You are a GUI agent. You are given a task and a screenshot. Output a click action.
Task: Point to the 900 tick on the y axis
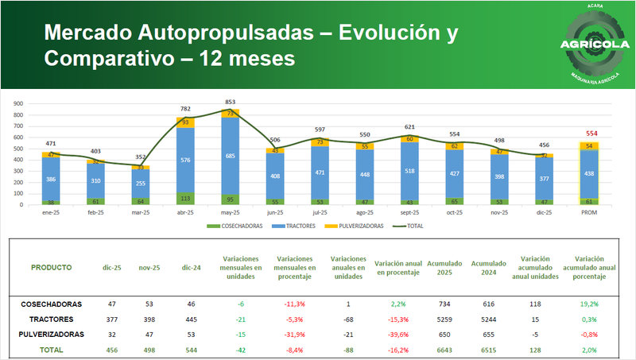coord(17,103)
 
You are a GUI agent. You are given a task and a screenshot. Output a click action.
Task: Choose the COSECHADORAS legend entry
coord(232,226)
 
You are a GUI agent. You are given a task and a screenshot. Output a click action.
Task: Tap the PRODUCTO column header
coord(51,268)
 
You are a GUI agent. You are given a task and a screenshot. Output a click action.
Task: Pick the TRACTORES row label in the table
coord(51,319)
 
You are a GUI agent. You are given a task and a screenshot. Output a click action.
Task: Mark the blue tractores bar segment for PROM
coord(589,174)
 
